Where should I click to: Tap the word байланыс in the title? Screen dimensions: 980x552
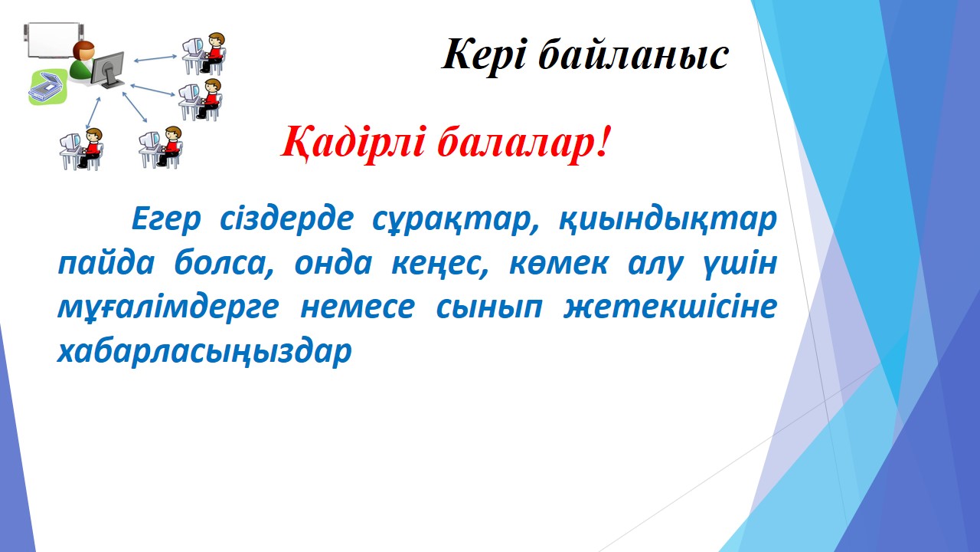(x=633, y=54)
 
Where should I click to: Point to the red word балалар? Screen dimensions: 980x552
(x=523, y=142)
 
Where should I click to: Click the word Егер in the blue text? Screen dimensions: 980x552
(x=166, y=220)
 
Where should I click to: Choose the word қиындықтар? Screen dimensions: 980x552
(x=668, y=220)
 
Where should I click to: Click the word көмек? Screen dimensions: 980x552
(x=558, y=264)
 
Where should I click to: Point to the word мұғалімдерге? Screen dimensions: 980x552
(x=168, y=308)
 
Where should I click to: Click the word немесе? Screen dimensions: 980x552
(x=358, y=307)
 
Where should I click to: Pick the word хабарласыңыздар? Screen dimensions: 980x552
(x=204, y=352)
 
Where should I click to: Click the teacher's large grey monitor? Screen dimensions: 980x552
(x=108, y=69)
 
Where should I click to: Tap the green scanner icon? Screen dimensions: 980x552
(x=47, y=87)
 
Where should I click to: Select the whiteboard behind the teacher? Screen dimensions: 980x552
(x=54, y=40)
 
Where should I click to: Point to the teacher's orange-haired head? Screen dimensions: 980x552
(x=84, y=51)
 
